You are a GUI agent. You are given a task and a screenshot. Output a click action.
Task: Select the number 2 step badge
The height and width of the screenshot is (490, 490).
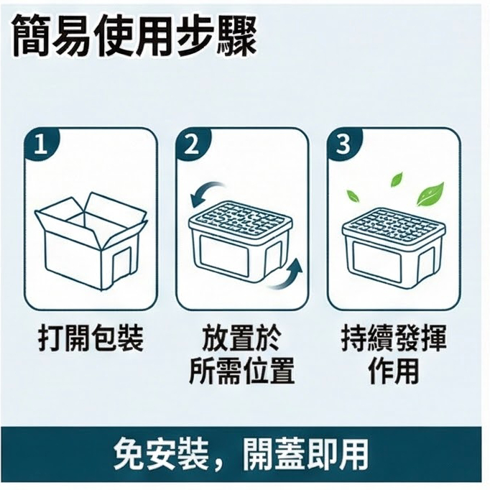point(192,144)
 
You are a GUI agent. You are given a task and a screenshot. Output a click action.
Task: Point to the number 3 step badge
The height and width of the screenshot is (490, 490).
point(343,144)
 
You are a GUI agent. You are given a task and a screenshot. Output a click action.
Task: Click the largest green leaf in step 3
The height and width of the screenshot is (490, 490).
point(430,194)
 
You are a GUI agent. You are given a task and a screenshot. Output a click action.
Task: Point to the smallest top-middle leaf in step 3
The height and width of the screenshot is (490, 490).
point(397,180)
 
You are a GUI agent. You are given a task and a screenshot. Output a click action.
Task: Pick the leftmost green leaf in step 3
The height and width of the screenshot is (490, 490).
point(353,196)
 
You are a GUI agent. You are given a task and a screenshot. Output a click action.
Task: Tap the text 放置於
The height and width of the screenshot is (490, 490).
point(241,338)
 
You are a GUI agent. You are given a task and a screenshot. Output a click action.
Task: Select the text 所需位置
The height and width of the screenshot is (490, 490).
point(242,371)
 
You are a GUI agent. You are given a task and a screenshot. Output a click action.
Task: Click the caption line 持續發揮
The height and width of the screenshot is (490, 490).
point(394,338)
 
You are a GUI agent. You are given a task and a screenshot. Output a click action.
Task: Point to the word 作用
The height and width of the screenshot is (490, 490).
point(393,371)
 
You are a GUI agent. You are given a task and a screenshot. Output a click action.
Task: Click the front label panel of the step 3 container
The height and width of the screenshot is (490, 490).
point(377,257)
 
